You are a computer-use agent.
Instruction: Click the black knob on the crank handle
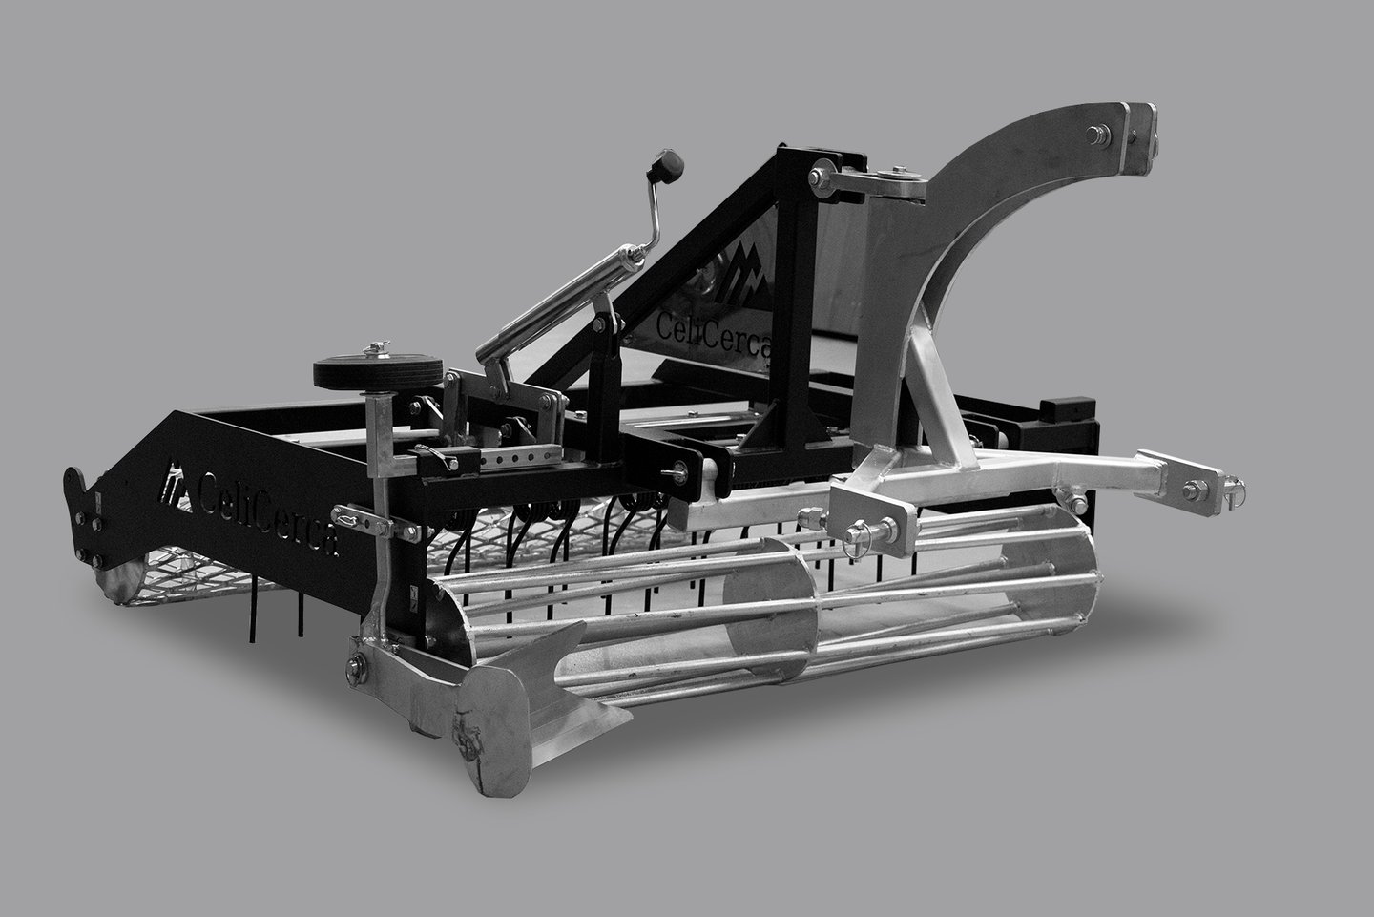[x=667, y=166]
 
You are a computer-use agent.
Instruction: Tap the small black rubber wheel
[x=378, y=372]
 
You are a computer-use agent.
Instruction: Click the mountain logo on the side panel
[x=176, y=487]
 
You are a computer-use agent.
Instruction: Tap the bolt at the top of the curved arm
[x=1098, y=135]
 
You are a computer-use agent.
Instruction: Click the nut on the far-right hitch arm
[x=1196, y=490]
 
